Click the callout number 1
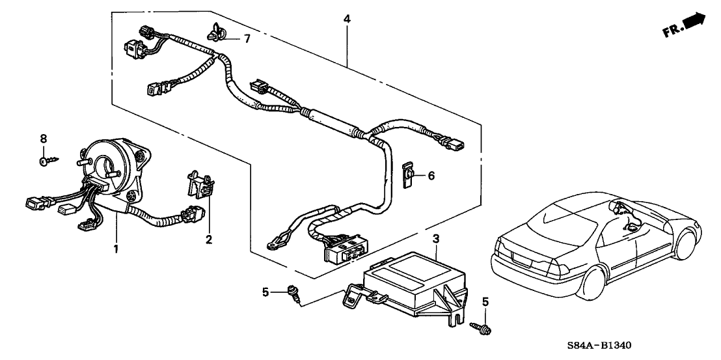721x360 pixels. pos(116,248)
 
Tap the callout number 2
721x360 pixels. pos(209,240)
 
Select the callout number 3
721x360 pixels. pos(437,238)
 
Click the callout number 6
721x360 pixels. pos(430,176)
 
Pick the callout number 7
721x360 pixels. pos(247,39)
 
